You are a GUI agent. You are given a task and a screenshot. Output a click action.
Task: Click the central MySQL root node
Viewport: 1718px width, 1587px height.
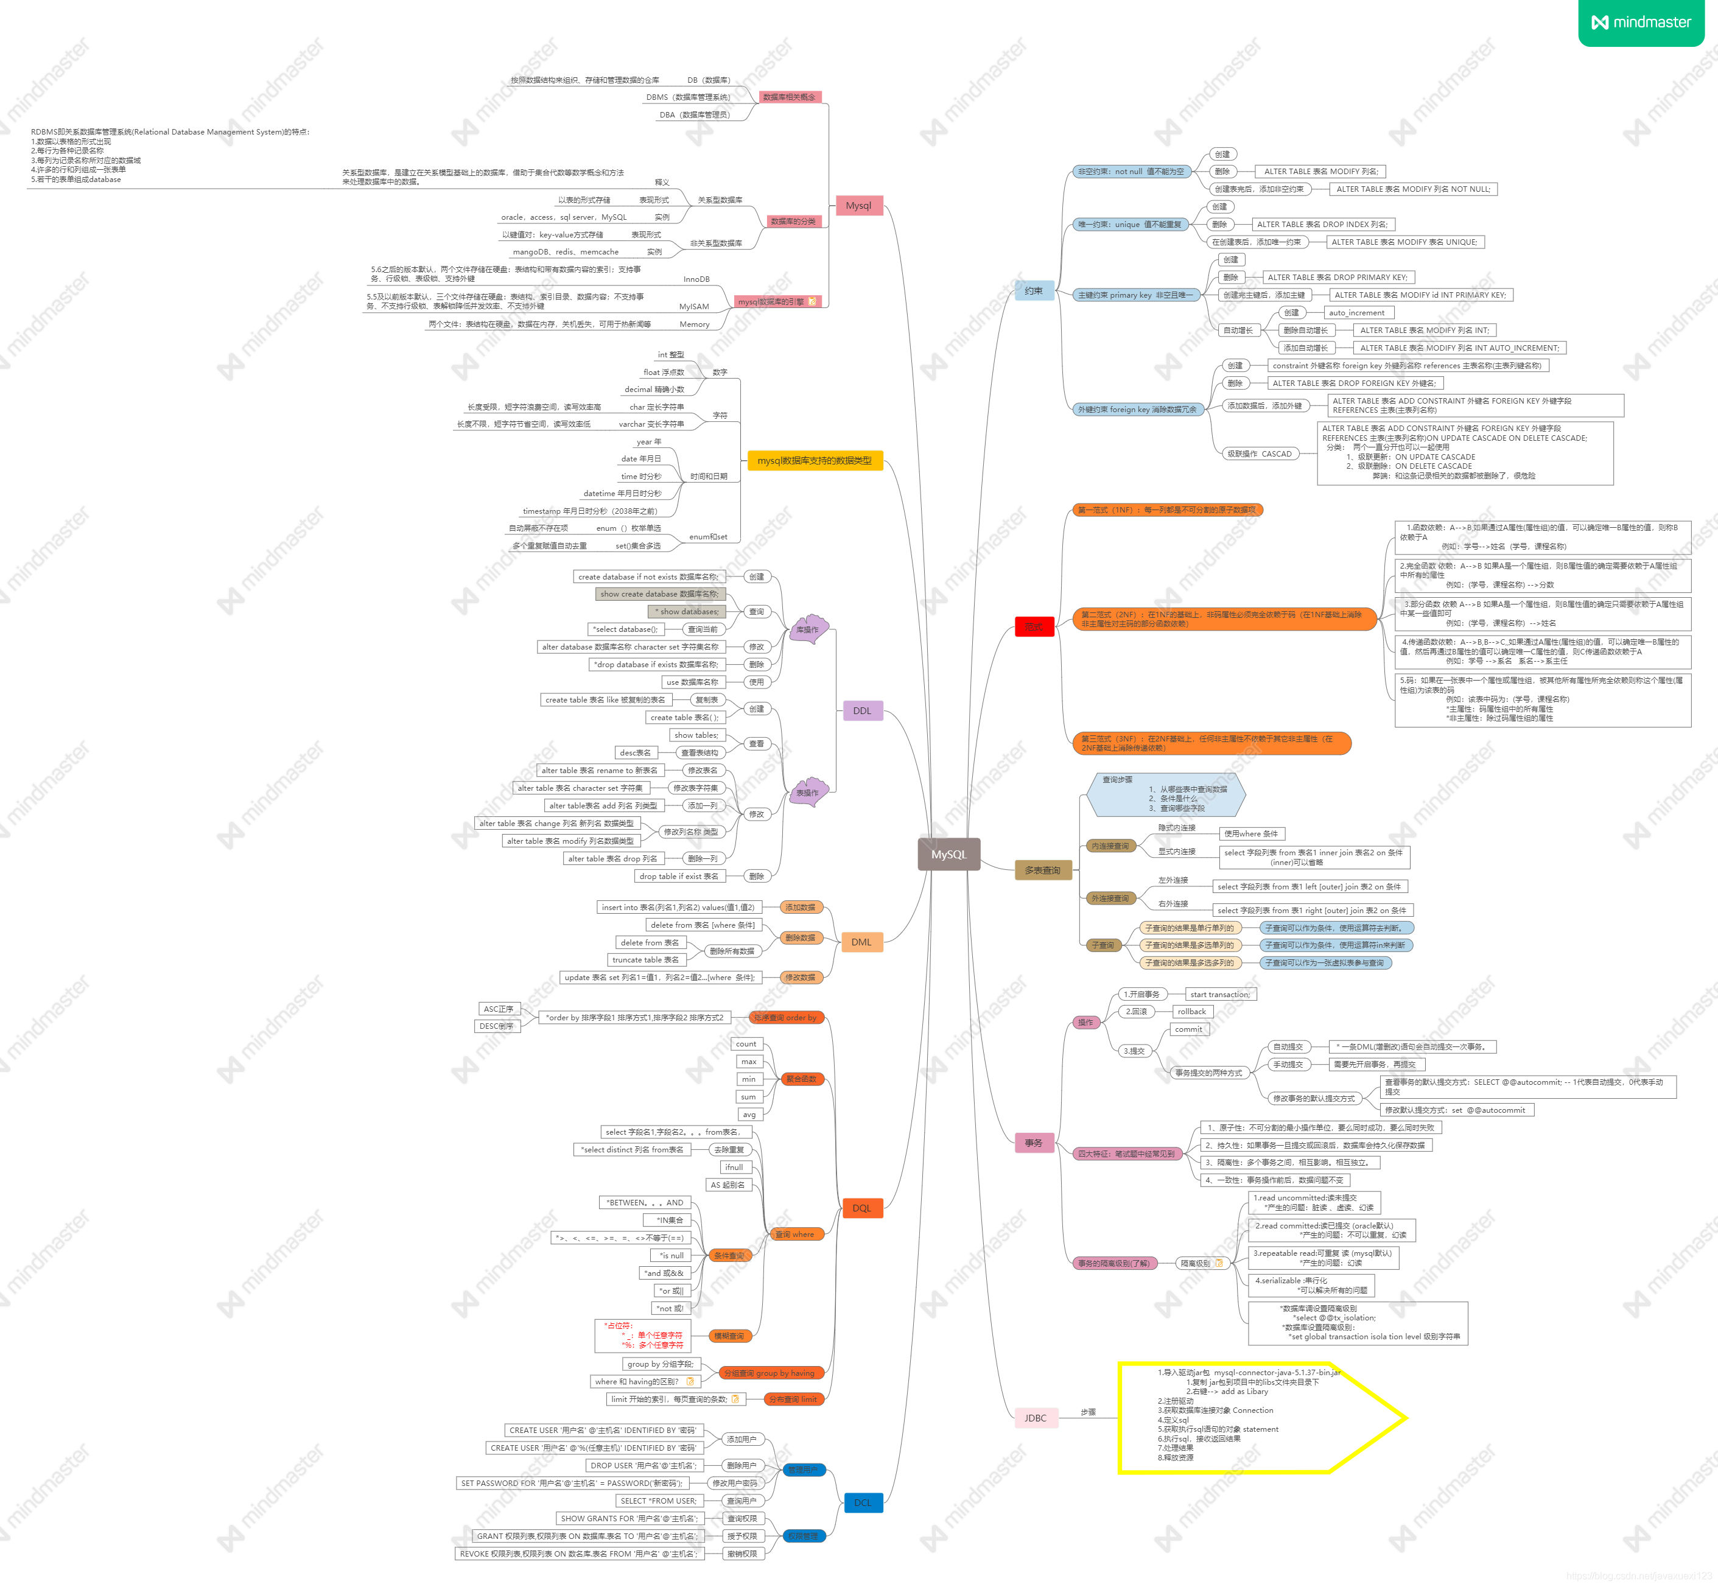pos(948,855)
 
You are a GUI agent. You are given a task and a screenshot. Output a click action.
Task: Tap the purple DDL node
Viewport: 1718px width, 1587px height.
pos(861,710)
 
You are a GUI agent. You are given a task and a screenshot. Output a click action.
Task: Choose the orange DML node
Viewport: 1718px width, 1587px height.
pos(861,942)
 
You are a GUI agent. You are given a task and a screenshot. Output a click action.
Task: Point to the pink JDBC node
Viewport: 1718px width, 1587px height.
pos(1035,1418)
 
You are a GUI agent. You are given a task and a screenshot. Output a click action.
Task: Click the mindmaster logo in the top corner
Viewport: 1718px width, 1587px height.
pos(1641,23)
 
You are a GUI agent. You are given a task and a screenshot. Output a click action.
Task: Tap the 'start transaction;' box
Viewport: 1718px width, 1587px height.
pos(1219,995)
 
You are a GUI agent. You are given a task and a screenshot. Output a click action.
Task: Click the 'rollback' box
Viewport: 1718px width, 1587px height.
pos(1191,1012)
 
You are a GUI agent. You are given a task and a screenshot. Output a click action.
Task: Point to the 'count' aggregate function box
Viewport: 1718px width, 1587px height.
pos(746,1044)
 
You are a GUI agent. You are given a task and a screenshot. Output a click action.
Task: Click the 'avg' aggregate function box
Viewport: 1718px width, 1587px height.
pos(749,1115)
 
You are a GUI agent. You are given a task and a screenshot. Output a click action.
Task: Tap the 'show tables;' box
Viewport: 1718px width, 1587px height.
pos(696,735)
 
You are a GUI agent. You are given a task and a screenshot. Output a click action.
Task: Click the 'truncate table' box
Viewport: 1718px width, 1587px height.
pos(645,960)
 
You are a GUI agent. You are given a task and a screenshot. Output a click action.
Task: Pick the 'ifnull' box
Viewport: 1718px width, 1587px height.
pos(734,1167)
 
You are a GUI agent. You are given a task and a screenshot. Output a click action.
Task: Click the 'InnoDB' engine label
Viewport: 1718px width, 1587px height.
pos(696,279)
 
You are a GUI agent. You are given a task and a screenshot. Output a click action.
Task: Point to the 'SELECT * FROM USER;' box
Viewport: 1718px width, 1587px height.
pos(658,1501)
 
